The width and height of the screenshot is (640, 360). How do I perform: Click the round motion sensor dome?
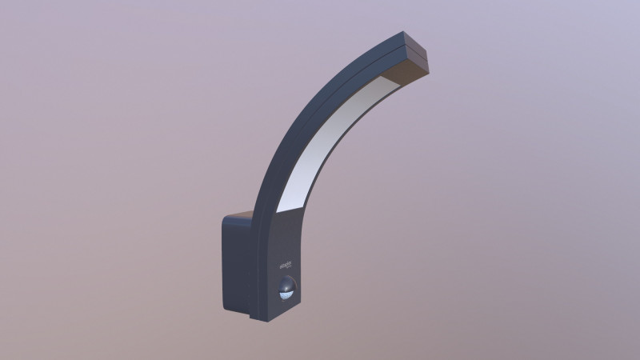click(286, 289)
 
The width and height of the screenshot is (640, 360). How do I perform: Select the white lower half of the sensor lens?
click(286, 294)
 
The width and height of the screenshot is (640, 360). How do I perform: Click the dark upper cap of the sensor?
click(286, 282)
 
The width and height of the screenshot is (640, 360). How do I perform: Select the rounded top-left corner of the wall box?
click(225, 219)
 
